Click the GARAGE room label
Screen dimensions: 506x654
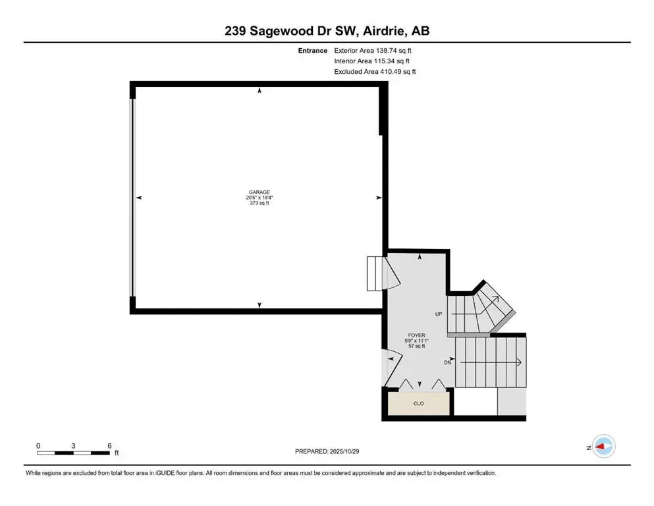[259, 192]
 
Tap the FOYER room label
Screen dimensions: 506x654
[416, 334]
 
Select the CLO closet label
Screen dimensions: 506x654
[419, 403]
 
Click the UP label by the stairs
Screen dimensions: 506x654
[439, 314]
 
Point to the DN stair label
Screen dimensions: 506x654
[448, 362]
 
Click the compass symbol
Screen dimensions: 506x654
[603, 447]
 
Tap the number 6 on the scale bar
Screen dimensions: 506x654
[109, 445]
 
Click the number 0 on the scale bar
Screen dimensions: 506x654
[38, 445]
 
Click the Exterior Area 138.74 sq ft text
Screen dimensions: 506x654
[375, 51]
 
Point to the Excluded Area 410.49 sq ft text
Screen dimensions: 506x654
[375, 72]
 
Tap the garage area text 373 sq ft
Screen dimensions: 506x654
[259, 204]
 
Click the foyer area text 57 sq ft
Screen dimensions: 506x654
[416, 346]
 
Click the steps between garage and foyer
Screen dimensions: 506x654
[374, 273]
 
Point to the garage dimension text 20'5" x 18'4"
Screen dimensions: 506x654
[259, 198]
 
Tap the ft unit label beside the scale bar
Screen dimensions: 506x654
[117, 453]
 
